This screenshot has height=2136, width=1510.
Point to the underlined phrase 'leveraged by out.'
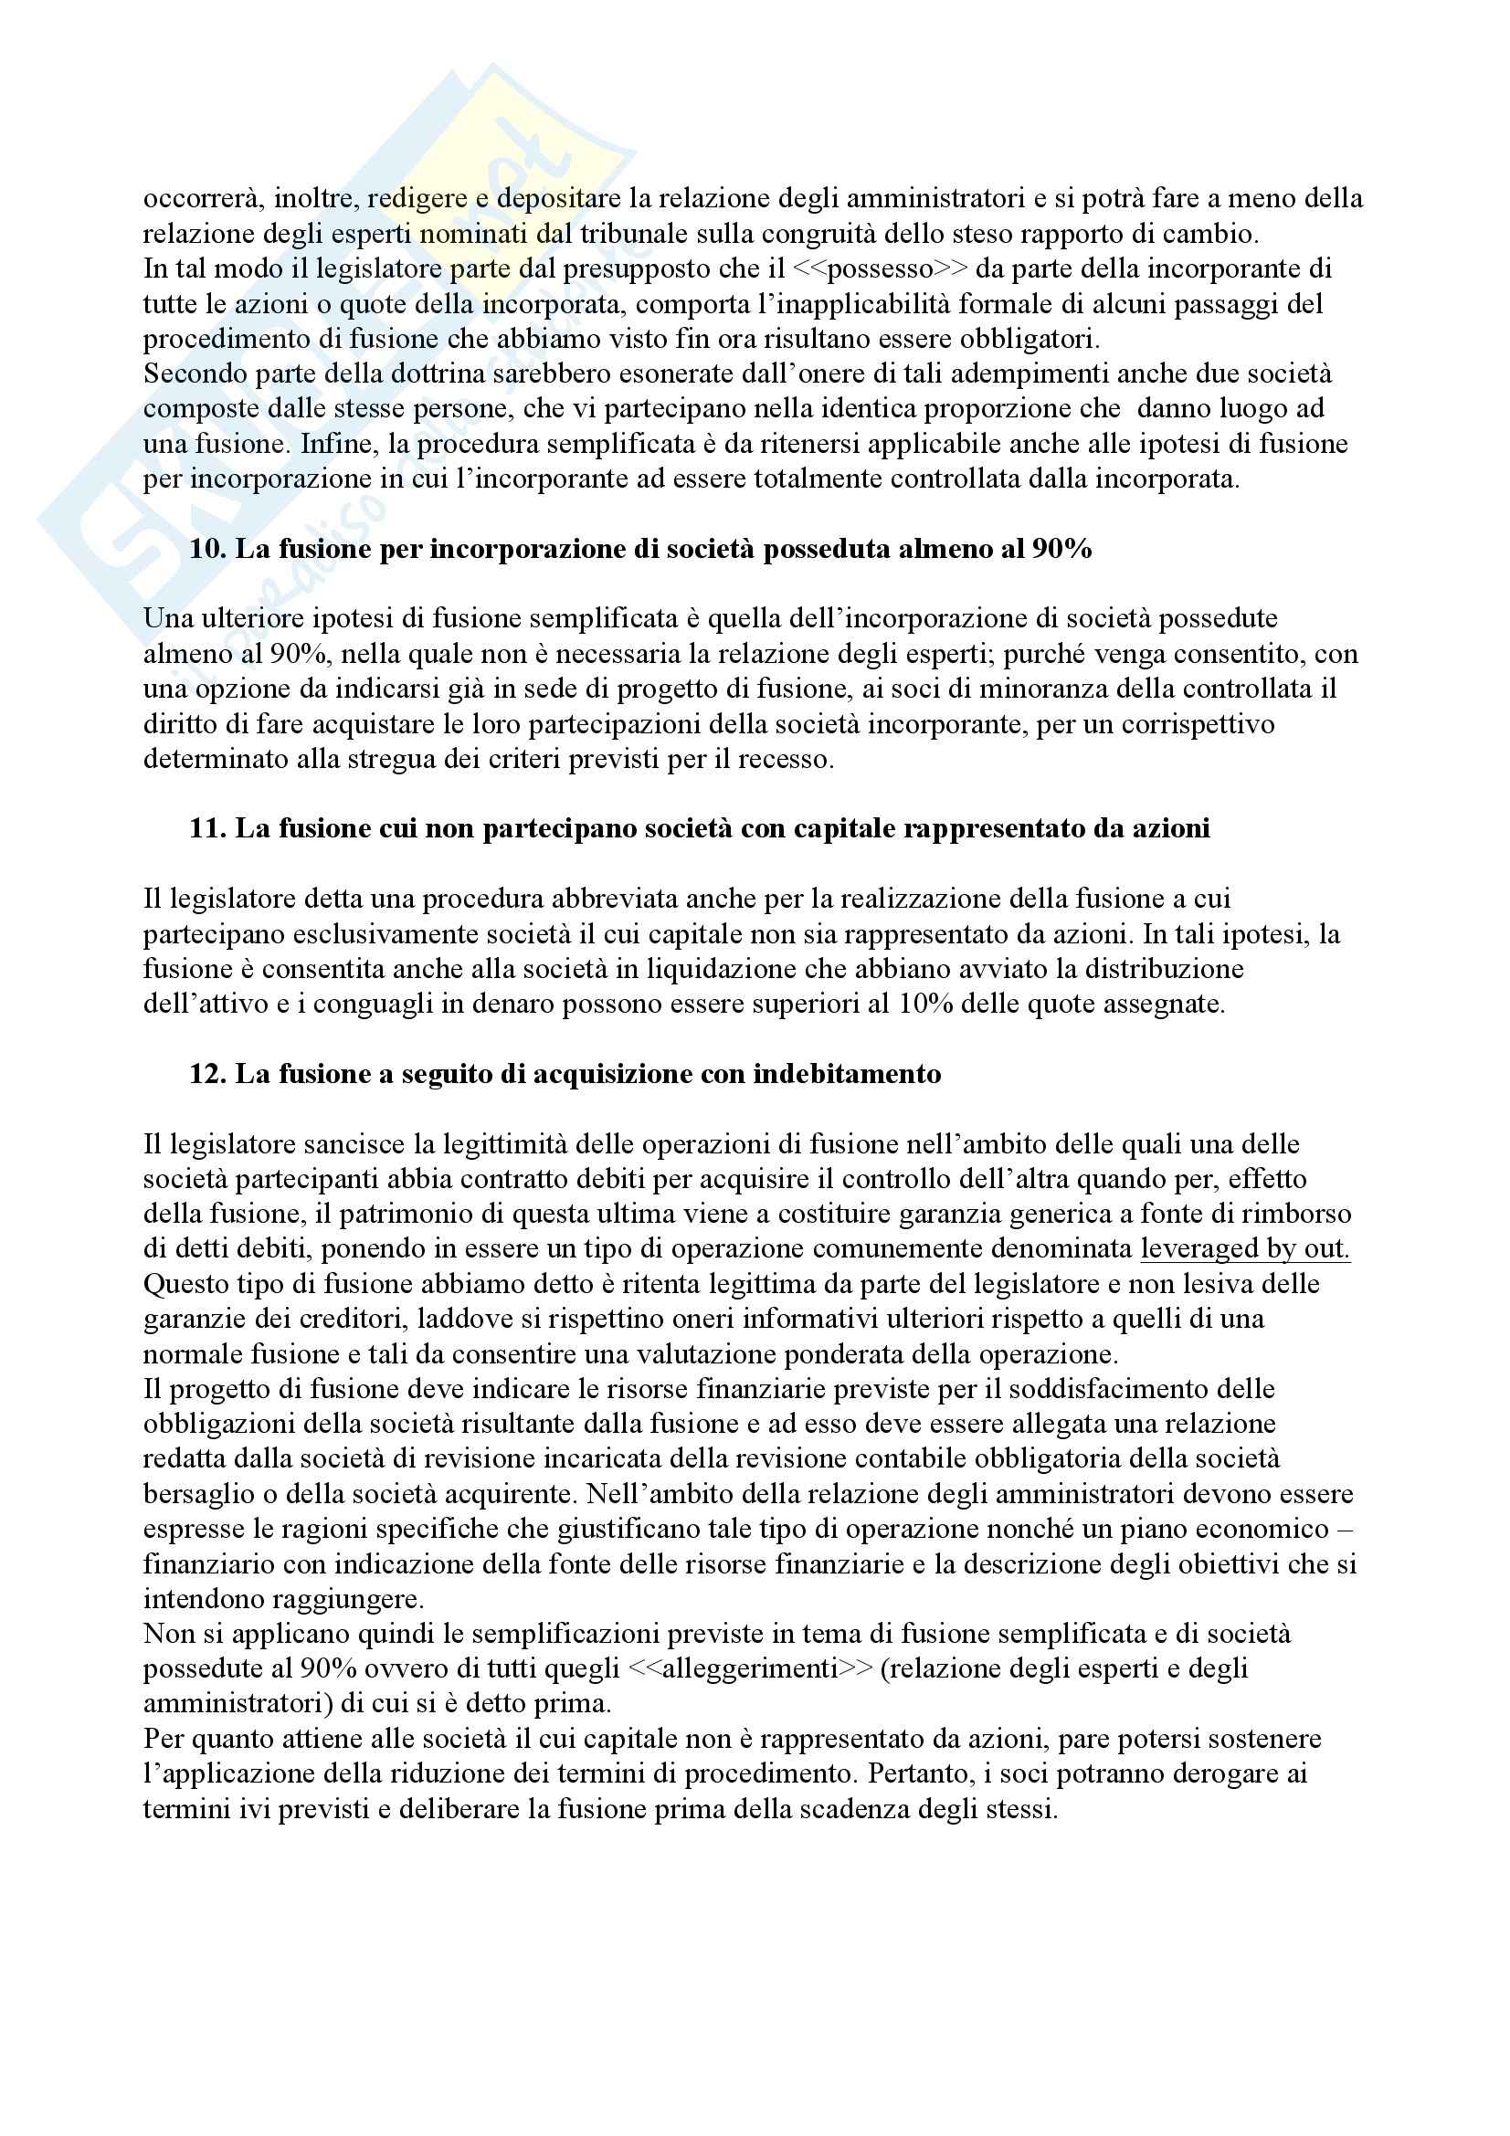click(x=1245, y=1248)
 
